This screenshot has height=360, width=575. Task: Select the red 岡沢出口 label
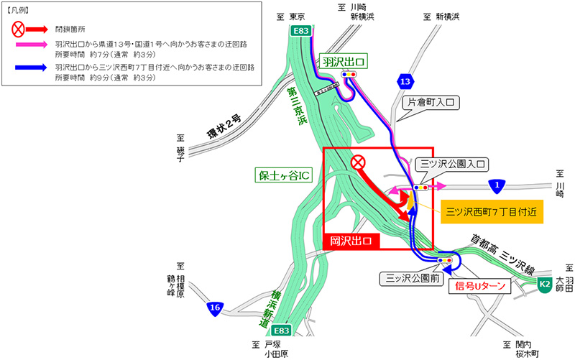pyautogui.click(x=350, y=241)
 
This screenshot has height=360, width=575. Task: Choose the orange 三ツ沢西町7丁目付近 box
pyautogui.click(x=490, y=211)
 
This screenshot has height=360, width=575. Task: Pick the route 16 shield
pyautogui.click(x=213, y=308)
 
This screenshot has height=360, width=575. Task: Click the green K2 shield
pyautogui.click(x=546, y=285)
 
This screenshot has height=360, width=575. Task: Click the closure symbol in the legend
pyautogui.click(x=19, y=29)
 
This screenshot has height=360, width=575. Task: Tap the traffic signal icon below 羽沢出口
pyautogui.click(x=349, y=74)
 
